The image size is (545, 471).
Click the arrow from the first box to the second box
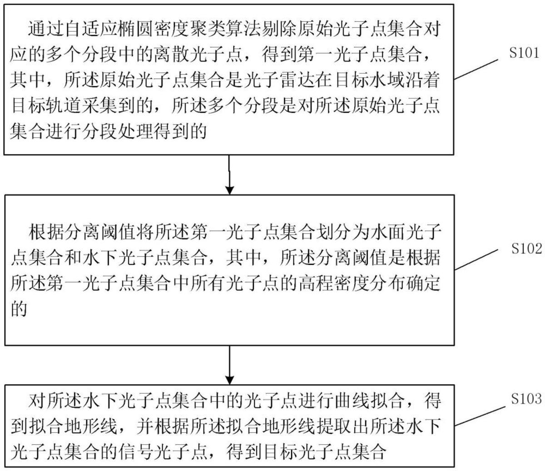coord(230,175)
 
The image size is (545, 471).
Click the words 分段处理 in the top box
coord(136,132)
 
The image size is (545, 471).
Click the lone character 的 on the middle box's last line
coord(19,309)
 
